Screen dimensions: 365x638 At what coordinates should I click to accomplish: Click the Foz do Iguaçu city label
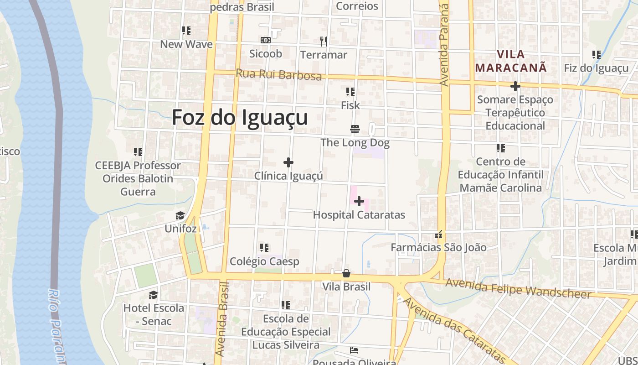coord(240,117)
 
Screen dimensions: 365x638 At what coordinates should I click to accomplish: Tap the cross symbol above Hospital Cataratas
coord(359,201)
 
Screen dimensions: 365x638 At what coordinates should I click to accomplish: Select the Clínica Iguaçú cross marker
coord(288,162)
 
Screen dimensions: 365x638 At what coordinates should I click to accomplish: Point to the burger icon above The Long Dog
coord(355,129)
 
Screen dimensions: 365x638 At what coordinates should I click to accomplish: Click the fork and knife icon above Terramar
coord(324,42)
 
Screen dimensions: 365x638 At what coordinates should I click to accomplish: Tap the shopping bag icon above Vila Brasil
coord(346,273)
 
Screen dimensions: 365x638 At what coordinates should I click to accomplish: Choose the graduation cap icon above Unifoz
coord(180,215)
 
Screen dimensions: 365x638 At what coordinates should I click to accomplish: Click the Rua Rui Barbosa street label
coord(278,74)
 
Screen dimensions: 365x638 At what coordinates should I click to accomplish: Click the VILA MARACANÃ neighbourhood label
coord(510,61)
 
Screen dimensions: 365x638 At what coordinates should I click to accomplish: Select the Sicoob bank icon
coord(266,40)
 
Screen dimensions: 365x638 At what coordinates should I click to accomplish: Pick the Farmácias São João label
coord(438,247)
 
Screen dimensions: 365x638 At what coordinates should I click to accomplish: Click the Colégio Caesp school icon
coord(264,248)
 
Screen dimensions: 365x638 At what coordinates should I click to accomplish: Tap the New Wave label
coord(186,44)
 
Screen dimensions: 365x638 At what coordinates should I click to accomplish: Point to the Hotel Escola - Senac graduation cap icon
coord(153,295)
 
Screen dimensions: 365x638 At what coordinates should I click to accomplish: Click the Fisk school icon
coord(350,92)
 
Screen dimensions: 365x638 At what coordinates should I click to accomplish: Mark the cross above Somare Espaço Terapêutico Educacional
coord(515,86)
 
